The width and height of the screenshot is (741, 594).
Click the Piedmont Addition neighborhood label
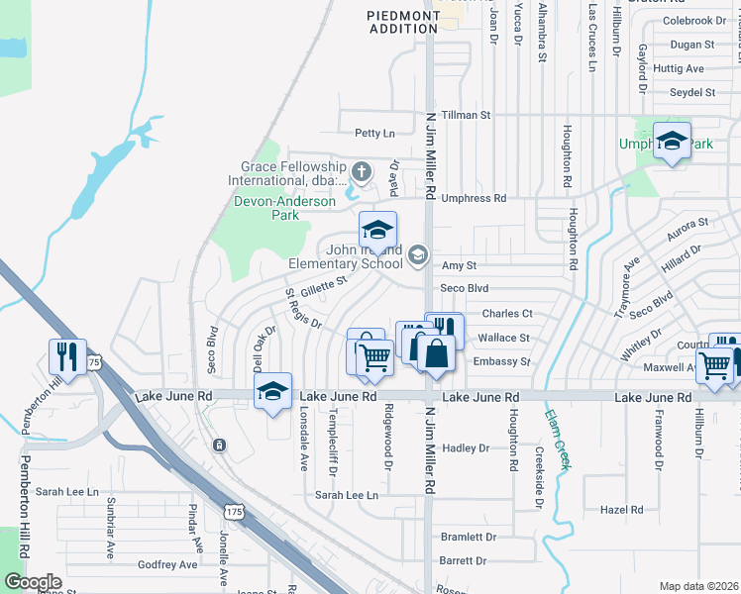[402, 22]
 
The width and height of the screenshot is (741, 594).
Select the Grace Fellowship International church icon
[362, 173]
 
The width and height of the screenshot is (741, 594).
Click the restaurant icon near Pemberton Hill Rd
[67, 353]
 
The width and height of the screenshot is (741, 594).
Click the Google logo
[33, 582]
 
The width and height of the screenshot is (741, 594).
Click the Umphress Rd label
[474, 198]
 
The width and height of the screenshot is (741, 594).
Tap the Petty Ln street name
[374, 133]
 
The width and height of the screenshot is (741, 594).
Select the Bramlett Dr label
[468, 537]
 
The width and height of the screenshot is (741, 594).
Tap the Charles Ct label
[507, 314]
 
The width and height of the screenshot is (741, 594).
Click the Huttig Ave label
[679, 68]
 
